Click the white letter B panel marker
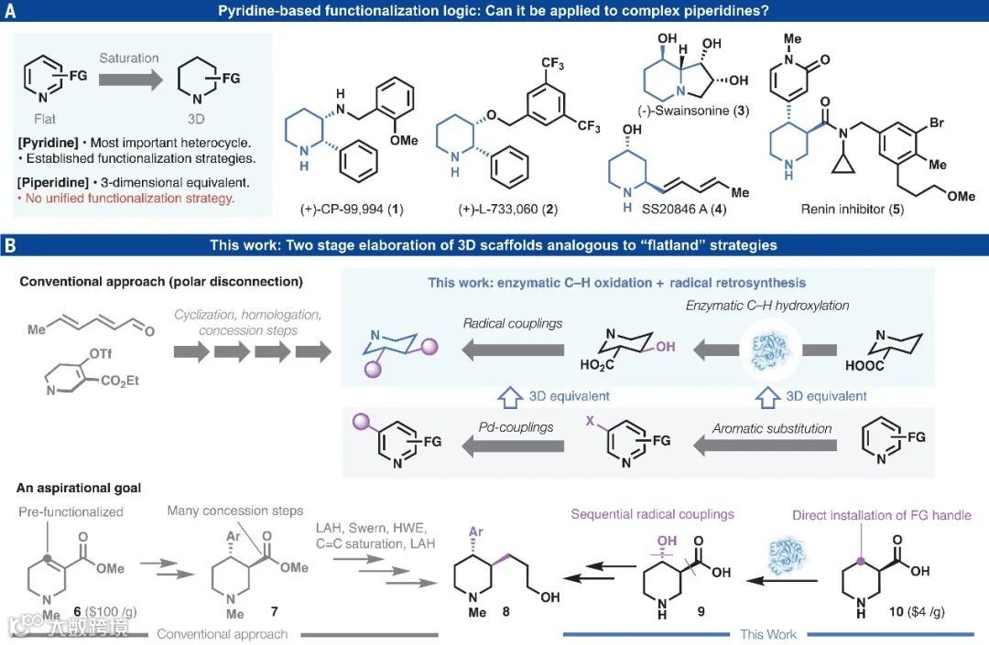[10, 244]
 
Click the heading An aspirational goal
[79, 489]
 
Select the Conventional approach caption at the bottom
[222, 634]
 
